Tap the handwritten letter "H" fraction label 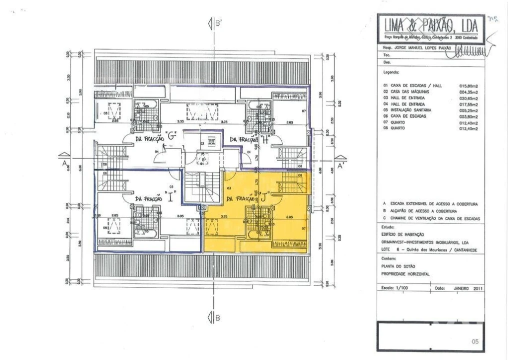point(265,140)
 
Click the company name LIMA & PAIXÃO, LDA point(431,25)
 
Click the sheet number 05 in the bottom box point(475,341)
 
